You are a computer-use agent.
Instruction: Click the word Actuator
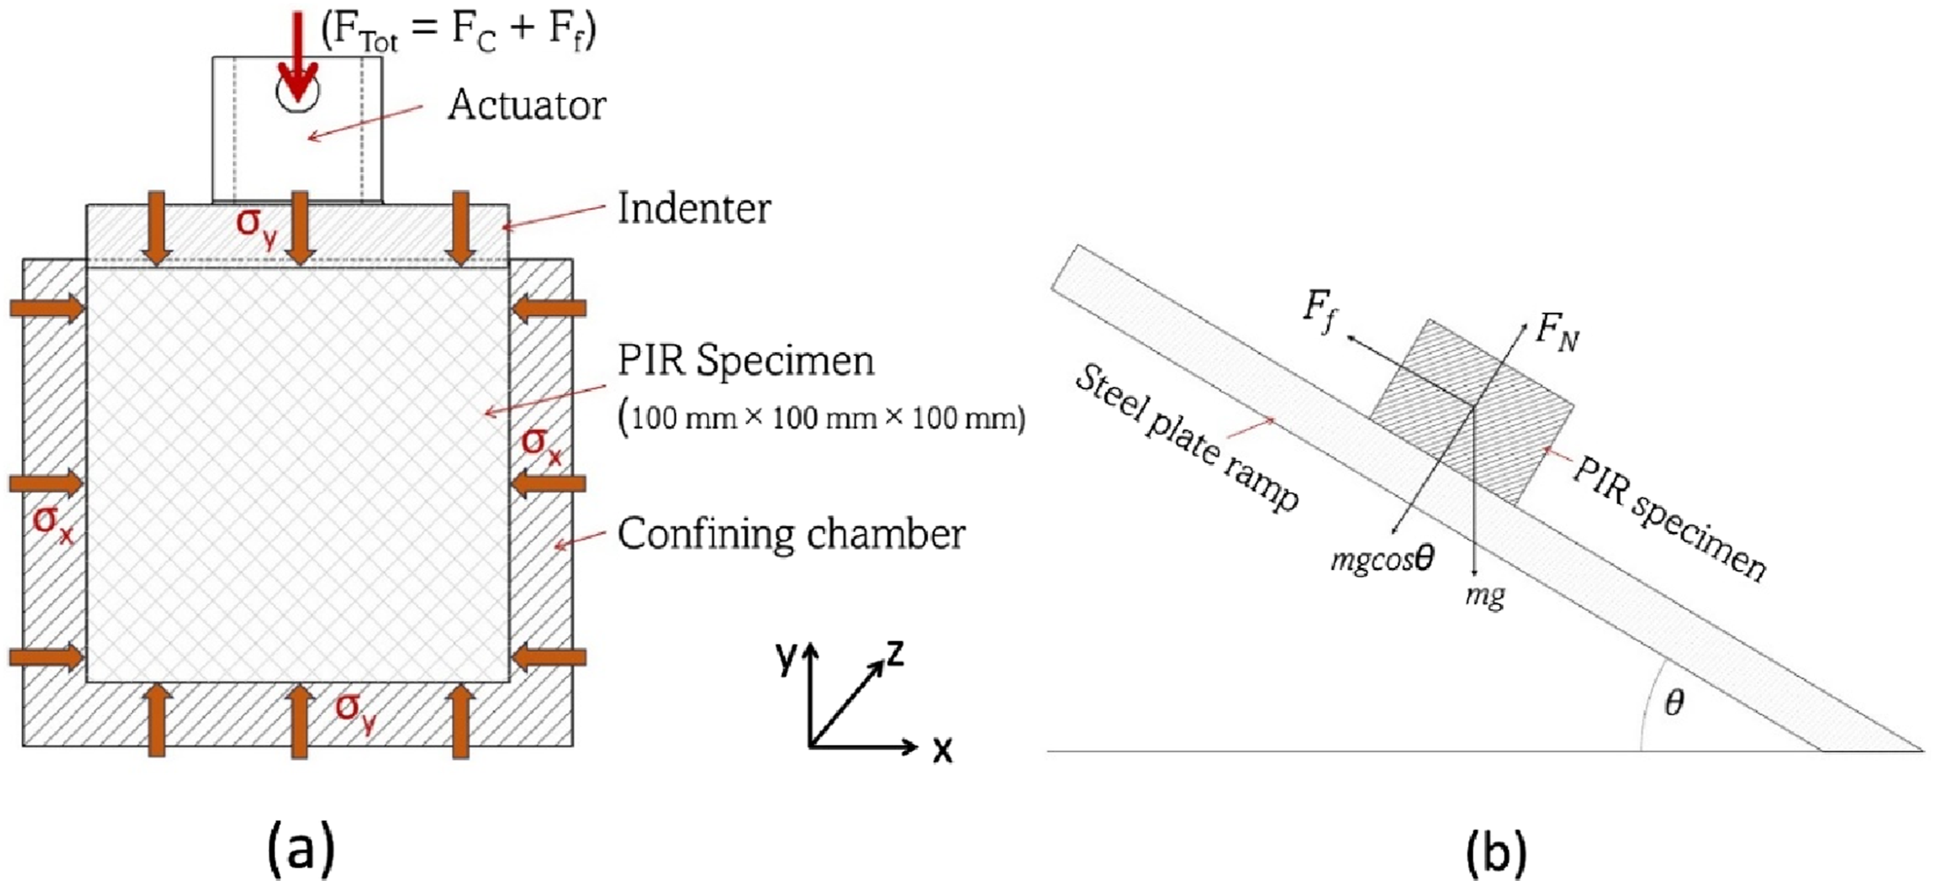click(x=526, y=106)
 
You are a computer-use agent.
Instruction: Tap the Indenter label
click(x=694, y=209)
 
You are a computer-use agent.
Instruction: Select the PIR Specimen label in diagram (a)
click(x=746, y=361)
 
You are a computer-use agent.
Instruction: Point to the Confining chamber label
click(x=791, y=535)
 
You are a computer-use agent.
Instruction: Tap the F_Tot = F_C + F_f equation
click(x=458, y=32)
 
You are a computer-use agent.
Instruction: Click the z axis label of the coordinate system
click(x=895, y=654)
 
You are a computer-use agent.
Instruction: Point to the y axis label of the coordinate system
click(x=786, y=657)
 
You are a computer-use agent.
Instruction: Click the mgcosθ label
click(x=1382, y=560)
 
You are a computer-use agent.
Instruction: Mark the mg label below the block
click(x=1485, y=596)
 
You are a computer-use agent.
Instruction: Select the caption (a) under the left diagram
click(x=301, y=851)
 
